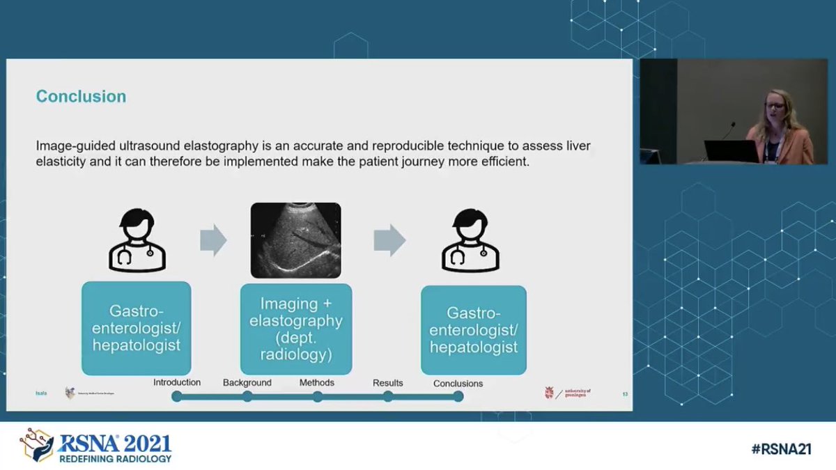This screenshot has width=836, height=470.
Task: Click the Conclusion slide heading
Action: coord(82,96)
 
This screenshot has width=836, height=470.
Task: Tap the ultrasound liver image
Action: coord(295,241)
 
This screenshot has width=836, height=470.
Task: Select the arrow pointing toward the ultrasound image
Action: coord(213,241)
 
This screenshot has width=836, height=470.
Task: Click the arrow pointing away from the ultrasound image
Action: coord(389,241)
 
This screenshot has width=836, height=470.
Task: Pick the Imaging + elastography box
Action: coord(296,329)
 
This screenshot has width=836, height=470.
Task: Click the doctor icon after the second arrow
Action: coord(472,240)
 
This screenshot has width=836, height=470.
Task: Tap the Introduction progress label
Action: coord(177,382)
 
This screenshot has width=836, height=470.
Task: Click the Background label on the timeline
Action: coord(247,382)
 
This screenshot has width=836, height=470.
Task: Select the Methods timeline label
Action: coord(317,382)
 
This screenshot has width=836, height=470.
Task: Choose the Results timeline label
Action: coord(388,383)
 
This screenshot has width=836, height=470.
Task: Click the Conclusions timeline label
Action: coord(458,383)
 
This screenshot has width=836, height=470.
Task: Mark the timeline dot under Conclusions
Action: coord(458,397)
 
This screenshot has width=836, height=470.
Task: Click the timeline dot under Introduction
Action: coord(177,397)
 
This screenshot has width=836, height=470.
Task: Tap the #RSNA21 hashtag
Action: coord(782,449)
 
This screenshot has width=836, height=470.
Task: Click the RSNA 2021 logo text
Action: coord(114,444)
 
